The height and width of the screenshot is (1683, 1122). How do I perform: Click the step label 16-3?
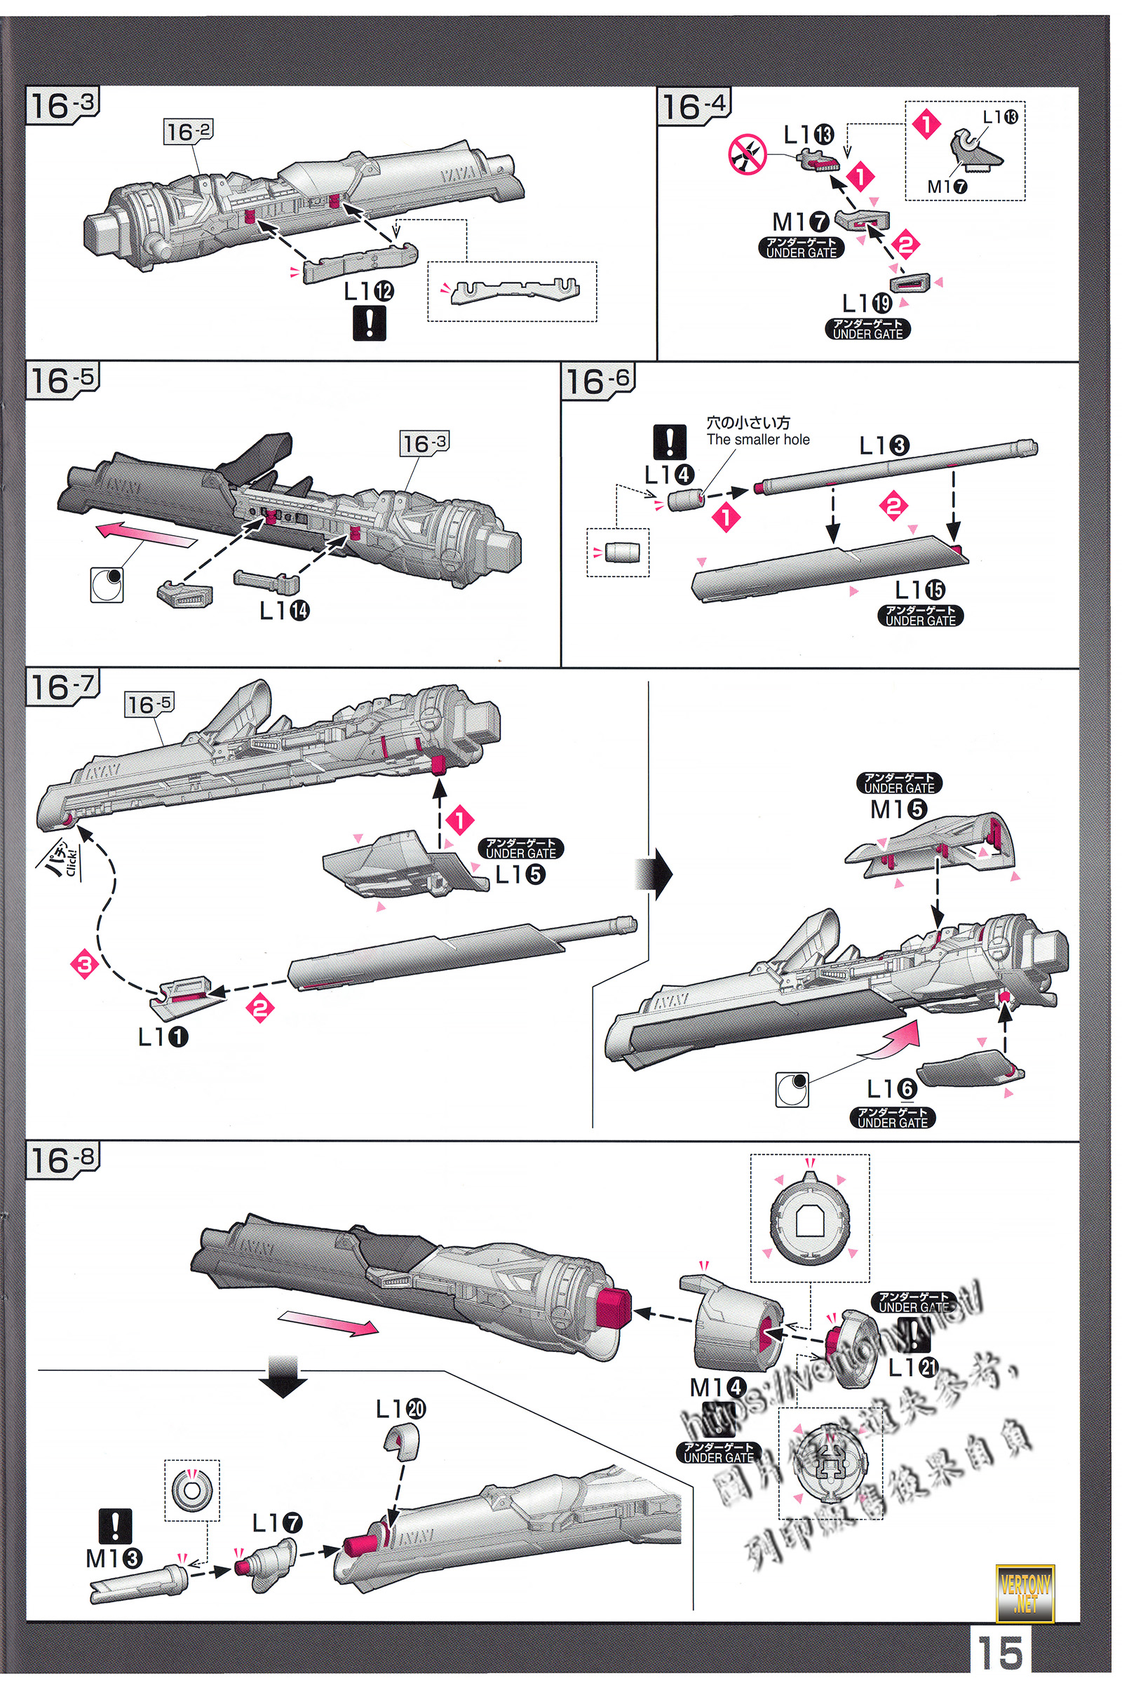pos(62,106)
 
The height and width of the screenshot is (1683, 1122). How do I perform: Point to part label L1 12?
pos(369,291)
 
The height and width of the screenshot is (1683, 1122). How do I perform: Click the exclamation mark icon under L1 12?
pos(370,323)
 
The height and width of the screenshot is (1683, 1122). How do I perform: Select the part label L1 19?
pos(867,304)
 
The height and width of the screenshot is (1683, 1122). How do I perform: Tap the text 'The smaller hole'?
pos(758,440)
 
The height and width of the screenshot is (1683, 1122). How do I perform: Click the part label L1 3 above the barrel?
pos(884,446)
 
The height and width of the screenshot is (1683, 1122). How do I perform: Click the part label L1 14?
pos(284,610)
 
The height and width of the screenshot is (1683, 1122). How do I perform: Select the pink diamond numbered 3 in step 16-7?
pos(84,964)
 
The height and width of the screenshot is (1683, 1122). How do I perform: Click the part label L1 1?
pos(163,1036)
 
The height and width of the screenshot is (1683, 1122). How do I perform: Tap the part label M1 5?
pos(898,809)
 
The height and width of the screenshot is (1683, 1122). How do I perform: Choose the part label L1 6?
pos(891,1089)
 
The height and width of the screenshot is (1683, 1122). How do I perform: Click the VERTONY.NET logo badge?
pos(1025,1594)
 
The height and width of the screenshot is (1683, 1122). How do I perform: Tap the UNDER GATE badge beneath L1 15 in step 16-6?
pos(920,616)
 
